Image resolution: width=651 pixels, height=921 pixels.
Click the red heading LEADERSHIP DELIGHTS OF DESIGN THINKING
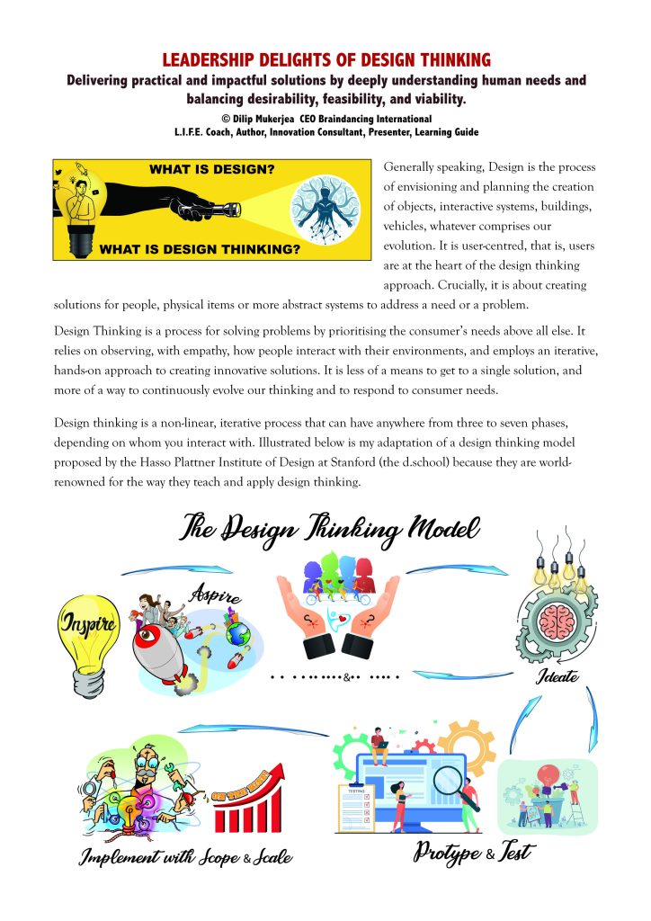(325, 60)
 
